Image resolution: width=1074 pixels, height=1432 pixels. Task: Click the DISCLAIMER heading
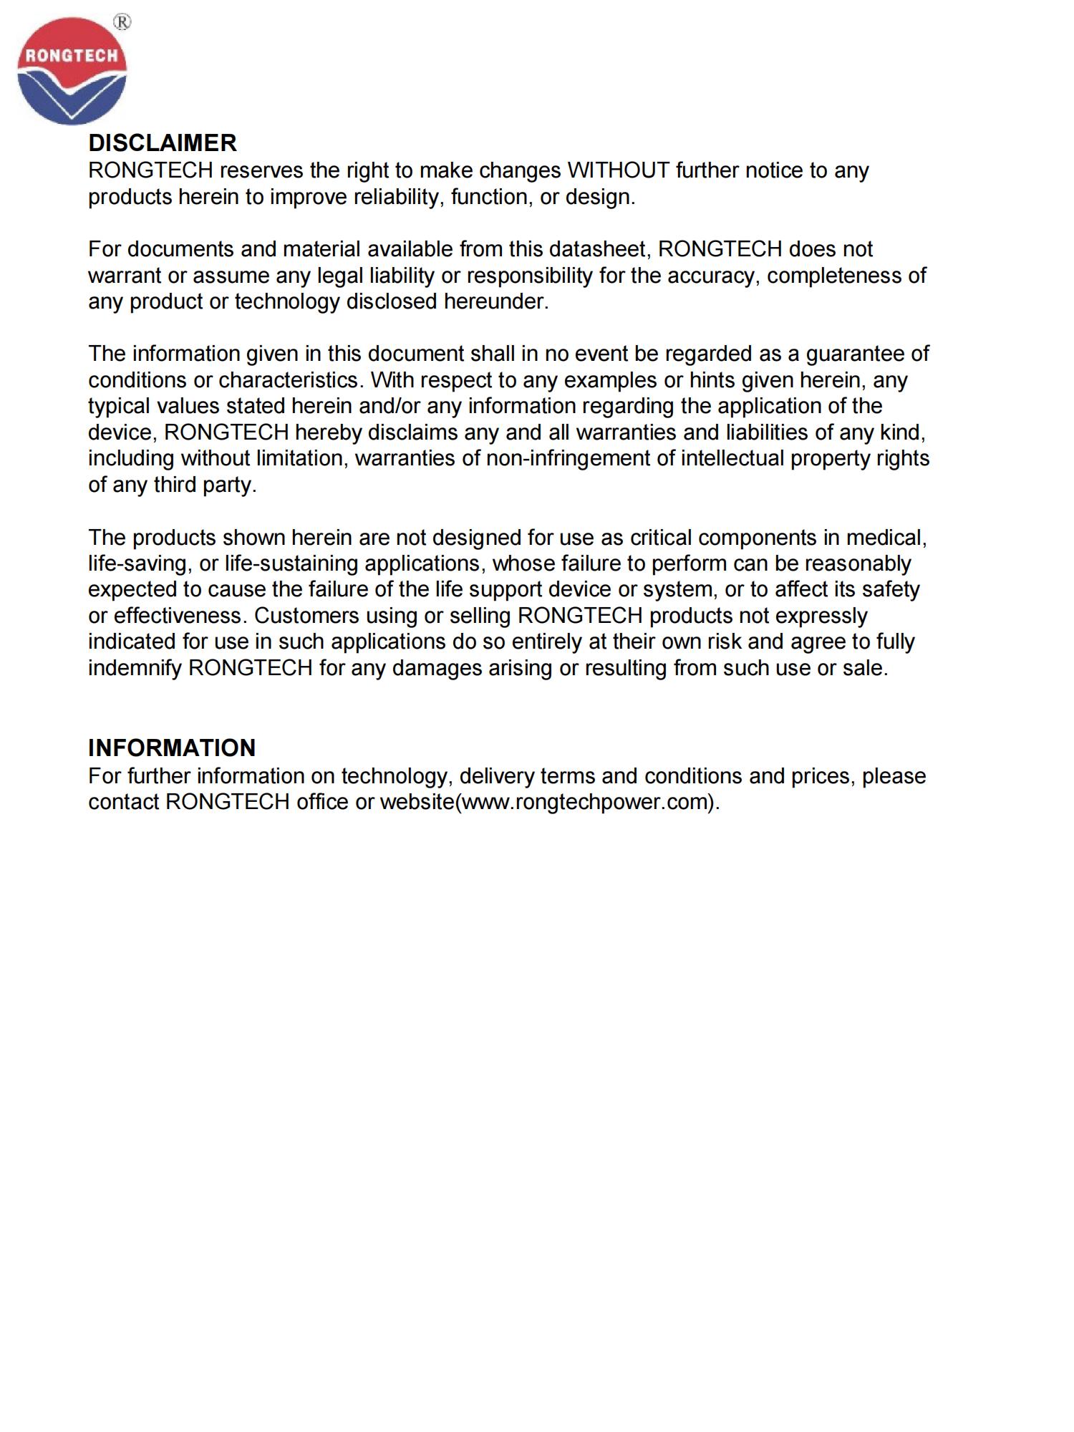click(x=162, y=143)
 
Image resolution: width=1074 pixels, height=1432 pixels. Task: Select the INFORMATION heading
click(x=172, y=748)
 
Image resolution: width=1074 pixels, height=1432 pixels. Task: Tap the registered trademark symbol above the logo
click(x=122, y=23)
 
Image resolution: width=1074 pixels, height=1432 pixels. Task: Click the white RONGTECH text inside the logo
click(x=72, y=56)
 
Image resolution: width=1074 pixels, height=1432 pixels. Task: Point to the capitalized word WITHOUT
click(x=618, y=170)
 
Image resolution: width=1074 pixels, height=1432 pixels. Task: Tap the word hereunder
click(x=495, y=301)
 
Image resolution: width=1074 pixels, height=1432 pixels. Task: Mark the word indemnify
click(x=135, y=668)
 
